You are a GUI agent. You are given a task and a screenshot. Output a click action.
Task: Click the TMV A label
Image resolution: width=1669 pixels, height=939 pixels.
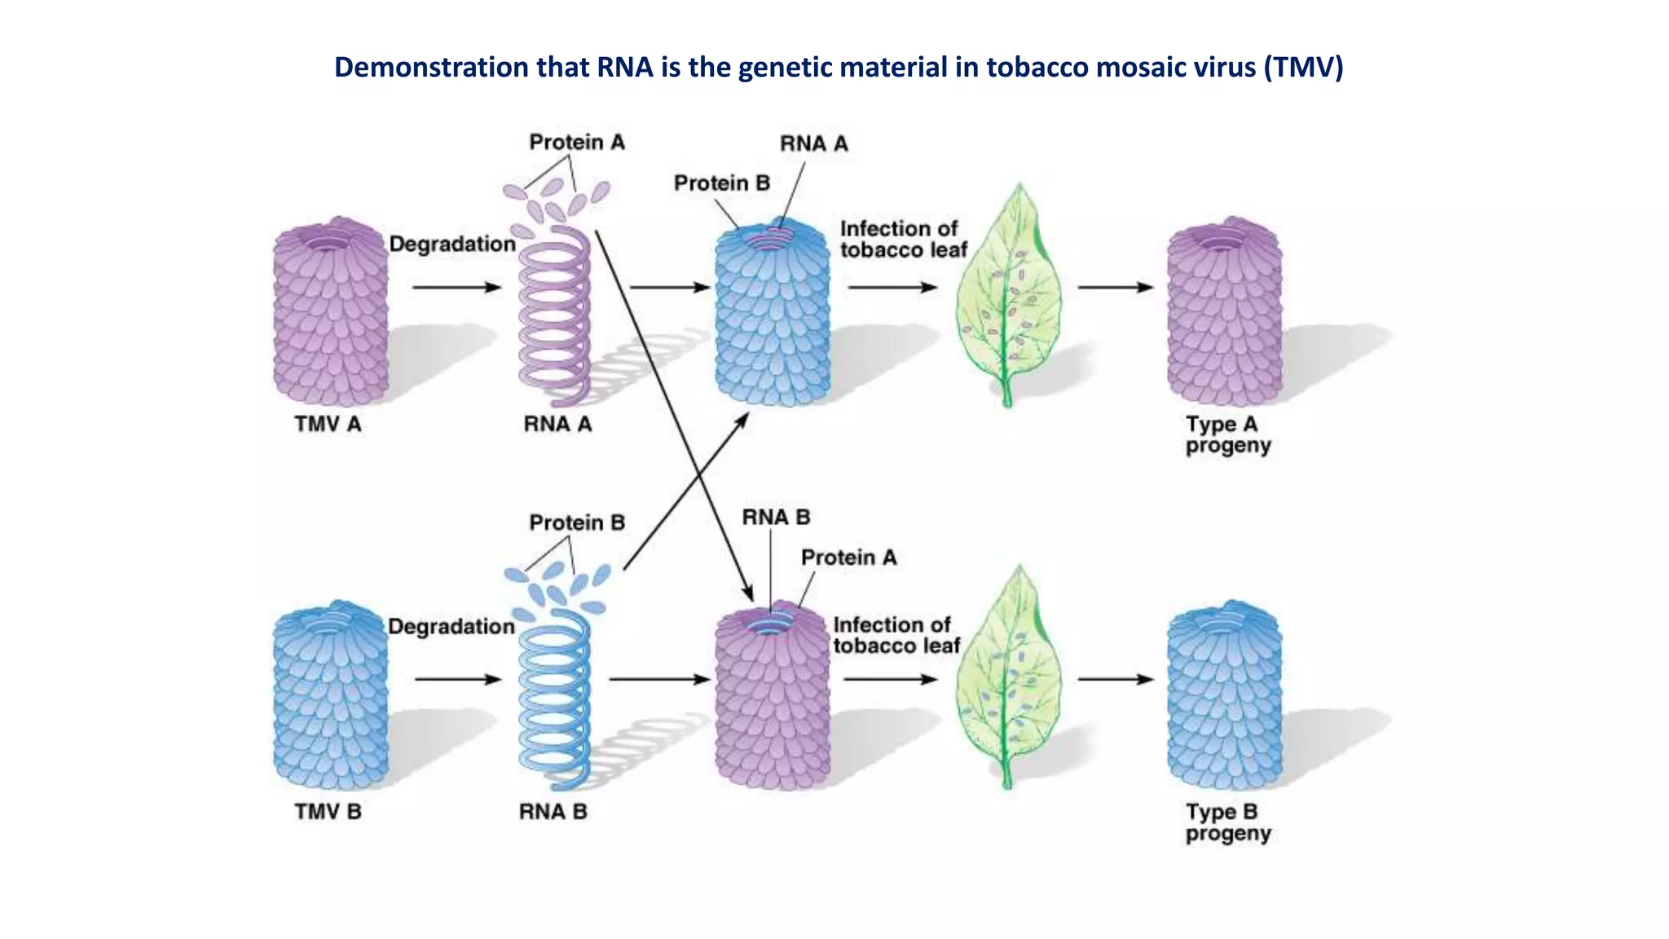(328, 425)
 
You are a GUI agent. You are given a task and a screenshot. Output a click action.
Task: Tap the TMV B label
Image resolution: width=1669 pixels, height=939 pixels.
(328, 812)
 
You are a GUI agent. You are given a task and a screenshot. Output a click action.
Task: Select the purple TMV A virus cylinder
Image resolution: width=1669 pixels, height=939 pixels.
(330, 314)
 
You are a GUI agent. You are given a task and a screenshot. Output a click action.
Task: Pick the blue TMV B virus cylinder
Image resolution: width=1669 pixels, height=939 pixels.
(330, 697)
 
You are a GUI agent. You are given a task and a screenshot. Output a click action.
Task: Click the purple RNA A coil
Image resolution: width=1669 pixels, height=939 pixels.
(554, 318)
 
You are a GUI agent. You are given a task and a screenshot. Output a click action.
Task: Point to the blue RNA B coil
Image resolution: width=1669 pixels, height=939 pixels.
(554, 701)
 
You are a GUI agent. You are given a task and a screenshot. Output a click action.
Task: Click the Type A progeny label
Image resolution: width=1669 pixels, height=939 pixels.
(1227, 434)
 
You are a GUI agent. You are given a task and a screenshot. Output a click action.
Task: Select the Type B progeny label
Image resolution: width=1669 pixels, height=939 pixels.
(1227, 822)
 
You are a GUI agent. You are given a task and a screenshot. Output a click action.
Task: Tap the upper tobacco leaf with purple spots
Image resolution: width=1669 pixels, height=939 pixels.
(1009, 298)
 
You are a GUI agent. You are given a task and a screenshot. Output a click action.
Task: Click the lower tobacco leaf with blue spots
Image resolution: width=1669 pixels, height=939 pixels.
(1009, 681)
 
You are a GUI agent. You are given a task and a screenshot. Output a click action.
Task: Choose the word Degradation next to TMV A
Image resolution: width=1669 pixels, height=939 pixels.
(452, 244)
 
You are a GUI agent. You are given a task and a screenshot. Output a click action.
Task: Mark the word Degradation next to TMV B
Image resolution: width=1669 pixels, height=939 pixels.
(451, 627)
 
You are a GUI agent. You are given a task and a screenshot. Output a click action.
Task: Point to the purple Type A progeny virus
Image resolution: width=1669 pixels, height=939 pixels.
(1224, 314)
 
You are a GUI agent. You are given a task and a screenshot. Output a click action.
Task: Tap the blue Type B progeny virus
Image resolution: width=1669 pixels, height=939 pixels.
(1224, 697)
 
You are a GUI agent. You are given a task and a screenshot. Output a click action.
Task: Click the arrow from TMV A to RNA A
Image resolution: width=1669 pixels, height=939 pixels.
(456, 287)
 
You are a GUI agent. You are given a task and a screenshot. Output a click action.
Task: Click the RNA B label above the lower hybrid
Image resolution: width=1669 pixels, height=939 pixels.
(776, 518)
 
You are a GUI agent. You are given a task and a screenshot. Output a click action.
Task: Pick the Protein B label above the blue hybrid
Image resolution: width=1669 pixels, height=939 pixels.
(721, 183)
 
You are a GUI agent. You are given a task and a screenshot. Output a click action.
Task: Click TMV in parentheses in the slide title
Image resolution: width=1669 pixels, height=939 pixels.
(1303, 67)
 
